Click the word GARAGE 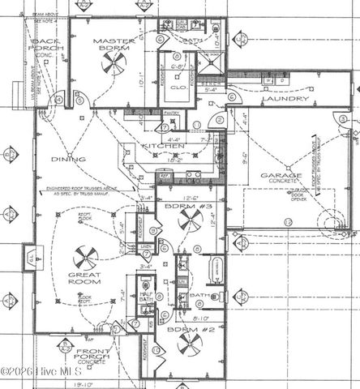[x=281, y=177]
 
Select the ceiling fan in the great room [x=85, y=258]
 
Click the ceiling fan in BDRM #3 [x=190, y=219]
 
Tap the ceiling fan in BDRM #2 [x=190, y=343]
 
